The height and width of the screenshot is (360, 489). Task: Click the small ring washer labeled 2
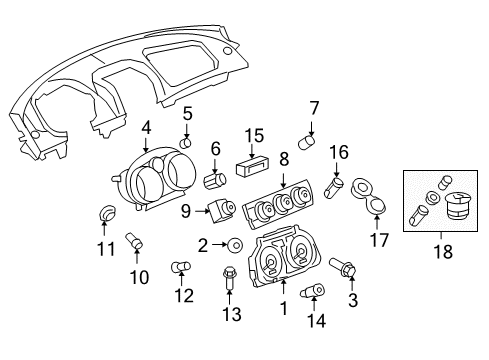pos(233,244)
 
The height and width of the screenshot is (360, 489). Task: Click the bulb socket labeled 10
pos(134,241)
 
